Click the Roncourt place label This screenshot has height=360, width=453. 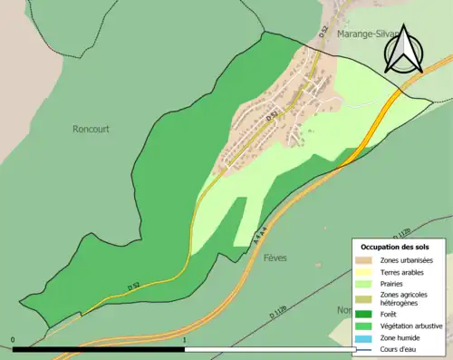[91, 129]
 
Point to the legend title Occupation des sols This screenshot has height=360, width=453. [395, 247]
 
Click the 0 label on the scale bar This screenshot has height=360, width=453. [13, 340]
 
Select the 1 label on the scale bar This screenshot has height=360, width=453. [185, 340]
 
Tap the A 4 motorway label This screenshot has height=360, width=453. [260, 238]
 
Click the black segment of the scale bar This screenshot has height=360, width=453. [99, 349]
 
